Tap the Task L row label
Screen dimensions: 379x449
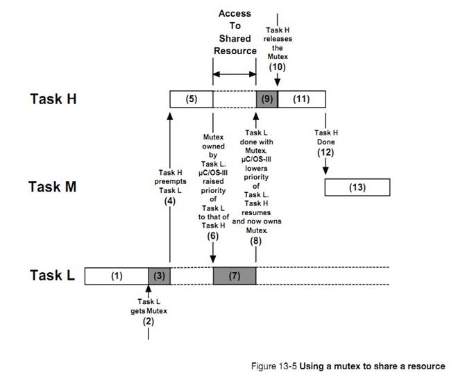pos(52,275)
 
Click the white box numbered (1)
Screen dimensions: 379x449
pos(117,276)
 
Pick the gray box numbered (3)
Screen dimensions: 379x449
pos(159,276)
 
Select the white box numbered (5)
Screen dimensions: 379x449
pos(192,99)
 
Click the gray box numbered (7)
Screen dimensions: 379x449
pos(235,276)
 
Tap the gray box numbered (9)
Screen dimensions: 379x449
pos(266,99)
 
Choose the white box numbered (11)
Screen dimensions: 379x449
pos(301,99)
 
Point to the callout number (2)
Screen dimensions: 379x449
pos(149,321)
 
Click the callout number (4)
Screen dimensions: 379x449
pos(169,201)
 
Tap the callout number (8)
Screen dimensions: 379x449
pos(256,241)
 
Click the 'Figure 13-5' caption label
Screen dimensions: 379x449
pos(273,365)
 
